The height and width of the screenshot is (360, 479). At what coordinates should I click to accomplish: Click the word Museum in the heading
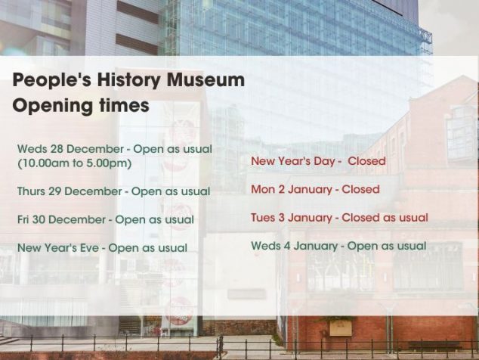point(206,79)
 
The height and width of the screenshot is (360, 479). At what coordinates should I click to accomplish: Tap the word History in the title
point(128,81)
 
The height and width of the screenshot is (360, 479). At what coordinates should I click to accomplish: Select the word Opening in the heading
point(52,107)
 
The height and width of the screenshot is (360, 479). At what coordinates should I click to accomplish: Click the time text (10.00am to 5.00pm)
point(75,163)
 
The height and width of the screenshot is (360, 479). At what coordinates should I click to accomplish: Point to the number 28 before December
point(57,149)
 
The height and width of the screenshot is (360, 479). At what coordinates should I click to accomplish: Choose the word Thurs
point(31,191)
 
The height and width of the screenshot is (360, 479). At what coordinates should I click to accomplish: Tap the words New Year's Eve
point(58,248)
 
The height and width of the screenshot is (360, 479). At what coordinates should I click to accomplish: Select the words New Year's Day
point(294,161)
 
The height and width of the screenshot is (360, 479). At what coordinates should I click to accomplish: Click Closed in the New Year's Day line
point(366,161)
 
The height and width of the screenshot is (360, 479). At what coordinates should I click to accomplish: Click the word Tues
point(263,218)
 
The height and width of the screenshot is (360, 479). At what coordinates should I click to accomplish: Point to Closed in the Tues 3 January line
point(360,218)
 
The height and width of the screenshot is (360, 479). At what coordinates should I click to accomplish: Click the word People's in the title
point(52,80)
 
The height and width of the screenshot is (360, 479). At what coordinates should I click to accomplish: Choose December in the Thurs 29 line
point(94,191)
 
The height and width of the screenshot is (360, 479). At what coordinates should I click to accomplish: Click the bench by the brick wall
point(434,346)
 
